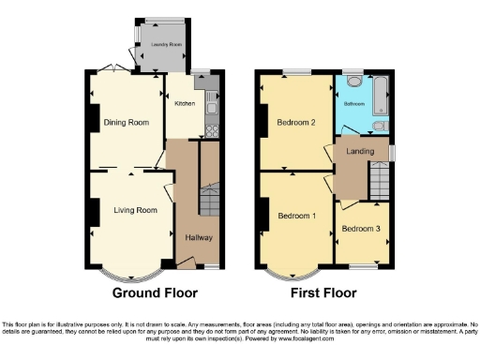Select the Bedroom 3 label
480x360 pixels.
360,228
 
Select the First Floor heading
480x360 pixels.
322,292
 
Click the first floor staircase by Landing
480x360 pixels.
379,176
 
